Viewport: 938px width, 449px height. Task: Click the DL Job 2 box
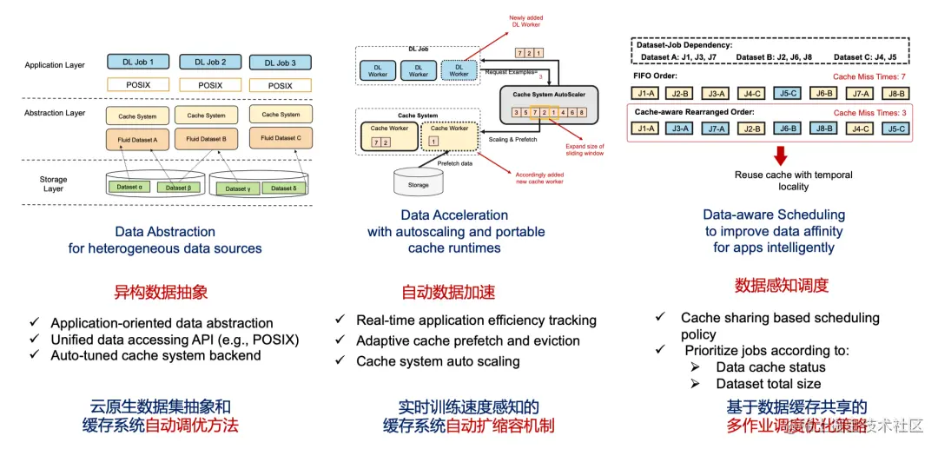210,63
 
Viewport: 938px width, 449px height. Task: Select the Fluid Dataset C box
281,138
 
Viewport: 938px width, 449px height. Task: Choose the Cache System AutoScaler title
549,96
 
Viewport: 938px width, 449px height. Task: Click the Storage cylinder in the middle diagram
419,183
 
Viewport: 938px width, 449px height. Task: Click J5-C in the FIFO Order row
789,93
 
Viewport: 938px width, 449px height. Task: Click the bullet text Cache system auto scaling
437,361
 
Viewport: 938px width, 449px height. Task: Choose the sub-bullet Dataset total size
769,383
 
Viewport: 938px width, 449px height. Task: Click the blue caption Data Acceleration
454,215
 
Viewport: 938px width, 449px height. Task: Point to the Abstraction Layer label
55,113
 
